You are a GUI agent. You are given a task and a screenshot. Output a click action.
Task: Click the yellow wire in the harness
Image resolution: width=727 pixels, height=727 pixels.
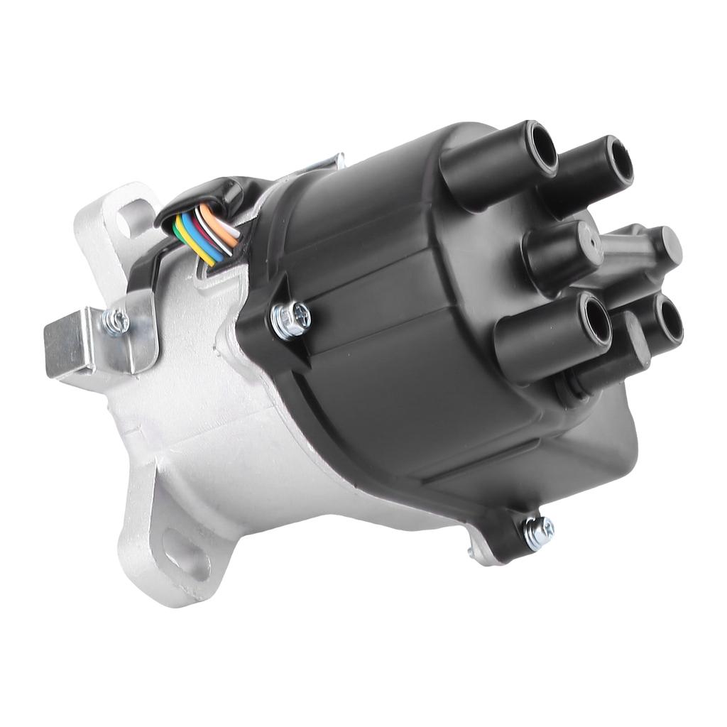(192, 246)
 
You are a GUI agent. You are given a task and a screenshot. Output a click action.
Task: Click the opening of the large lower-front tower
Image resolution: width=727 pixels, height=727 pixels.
(595, 320)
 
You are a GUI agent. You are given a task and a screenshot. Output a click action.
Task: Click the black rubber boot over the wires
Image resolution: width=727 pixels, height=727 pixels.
(213, 192)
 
